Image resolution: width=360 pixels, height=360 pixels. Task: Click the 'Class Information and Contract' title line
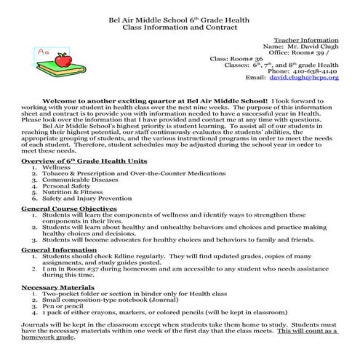click(180, 27)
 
